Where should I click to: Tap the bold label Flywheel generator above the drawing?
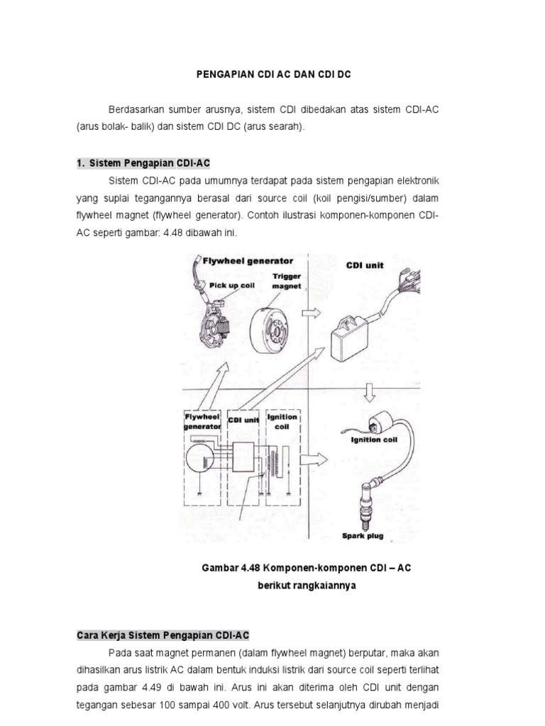(x=248, y=261)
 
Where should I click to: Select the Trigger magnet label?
(x=287, y=281)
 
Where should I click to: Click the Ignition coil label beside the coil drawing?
(x=377, y=439)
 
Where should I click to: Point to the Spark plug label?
(x=363, y=536)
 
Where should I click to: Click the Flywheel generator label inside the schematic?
(x=202, y=422)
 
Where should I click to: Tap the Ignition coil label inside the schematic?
(x=282, y=422)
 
